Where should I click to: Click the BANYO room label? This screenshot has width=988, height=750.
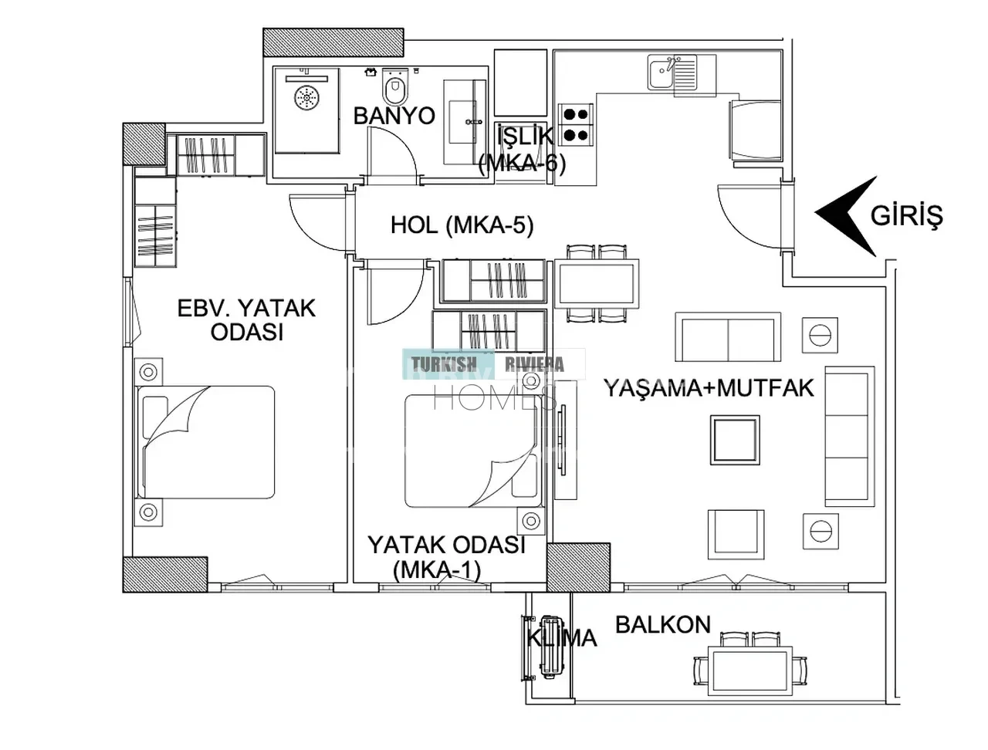point(394,116)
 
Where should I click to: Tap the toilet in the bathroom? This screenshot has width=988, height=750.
point(395,86)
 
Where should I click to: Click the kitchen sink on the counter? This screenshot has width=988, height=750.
point(672,72)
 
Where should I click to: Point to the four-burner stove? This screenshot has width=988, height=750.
point(576,125)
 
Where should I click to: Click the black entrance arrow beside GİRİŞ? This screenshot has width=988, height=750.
point(846,216)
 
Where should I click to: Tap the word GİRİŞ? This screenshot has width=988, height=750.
point(906,216)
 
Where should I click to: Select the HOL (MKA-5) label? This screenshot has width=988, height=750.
point(462,225)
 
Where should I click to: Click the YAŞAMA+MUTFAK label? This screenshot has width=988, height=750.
point(709,388)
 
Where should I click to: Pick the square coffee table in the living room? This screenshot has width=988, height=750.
point(735,440)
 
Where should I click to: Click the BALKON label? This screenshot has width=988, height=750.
point(663,625)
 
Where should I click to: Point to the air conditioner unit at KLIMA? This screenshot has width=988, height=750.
point(552,648)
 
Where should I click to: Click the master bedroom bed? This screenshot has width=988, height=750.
point(206,442)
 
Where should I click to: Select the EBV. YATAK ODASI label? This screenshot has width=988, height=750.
point(247,320)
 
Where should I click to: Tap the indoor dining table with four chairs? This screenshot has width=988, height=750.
point(597,283)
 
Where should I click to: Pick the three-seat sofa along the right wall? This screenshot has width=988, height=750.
point(849,437)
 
